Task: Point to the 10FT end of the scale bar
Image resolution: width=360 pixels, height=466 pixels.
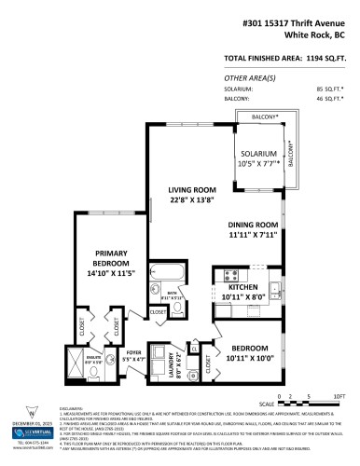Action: point(339,396)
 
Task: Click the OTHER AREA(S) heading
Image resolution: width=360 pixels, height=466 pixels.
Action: point(246,77)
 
